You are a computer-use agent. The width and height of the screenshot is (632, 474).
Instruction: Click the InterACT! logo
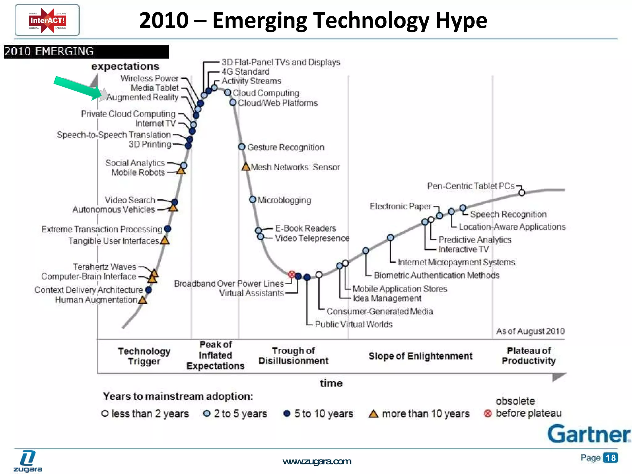(47, 20)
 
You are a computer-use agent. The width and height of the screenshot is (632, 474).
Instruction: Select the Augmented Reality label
(143, 98)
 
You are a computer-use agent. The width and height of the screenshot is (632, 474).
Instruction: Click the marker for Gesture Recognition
(242, 147)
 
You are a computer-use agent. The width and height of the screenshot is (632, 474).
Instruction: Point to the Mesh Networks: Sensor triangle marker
(246, 167)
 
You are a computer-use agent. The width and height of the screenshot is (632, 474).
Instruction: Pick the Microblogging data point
(253, 200)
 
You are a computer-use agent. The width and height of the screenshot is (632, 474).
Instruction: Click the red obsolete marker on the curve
(291, 274)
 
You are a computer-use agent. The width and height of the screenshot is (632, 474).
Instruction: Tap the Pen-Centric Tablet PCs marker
(522, 193)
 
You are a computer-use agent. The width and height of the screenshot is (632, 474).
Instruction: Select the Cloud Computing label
(266, 93)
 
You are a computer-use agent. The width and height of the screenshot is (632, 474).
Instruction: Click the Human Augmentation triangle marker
(143, 300)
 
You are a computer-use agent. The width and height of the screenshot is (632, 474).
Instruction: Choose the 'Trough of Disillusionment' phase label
(293, 356)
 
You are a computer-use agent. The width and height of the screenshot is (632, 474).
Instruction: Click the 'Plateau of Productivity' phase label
(529, 356)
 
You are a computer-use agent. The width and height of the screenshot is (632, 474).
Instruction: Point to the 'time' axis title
(331, 383)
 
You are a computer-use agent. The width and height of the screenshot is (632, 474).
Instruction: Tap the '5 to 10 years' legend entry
(318, 414)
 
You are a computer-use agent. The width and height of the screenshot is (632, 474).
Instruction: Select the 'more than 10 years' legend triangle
(373, 414)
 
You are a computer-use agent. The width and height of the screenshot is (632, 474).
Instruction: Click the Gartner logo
(589, 434)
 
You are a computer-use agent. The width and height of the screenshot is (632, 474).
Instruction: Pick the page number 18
(610, 458)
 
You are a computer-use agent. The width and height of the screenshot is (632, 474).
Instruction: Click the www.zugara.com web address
(317, 461)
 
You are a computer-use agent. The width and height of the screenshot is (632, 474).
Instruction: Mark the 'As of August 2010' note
(530, 331)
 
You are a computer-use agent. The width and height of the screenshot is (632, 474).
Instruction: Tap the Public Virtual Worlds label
(353, 324)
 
